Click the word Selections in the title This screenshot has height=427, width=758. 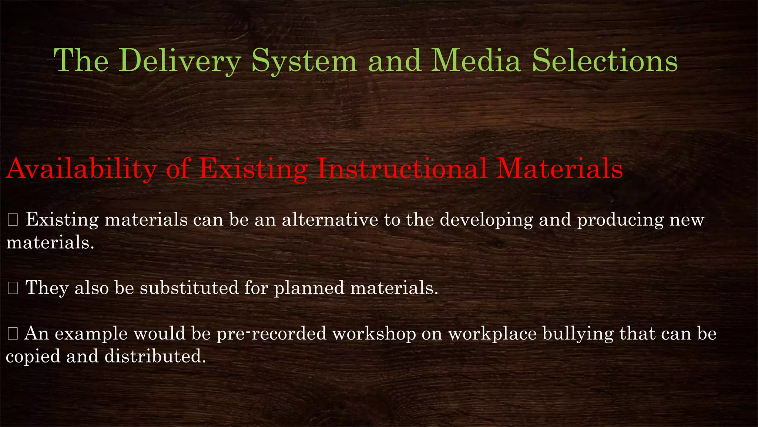pyautogui.click(x=605, y=60)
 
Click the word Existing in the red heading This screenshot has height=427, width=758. pyautogui.click(x=254, y=169)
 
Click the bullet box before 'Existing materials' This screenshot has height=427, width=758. pyautogui.click(x=13, y=220)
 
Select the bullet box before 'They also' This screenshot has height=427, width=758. pyautogui.click(x=13, y=288)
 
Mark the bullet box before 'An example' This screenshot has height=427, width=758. pyautogui.click(x=13, y=334)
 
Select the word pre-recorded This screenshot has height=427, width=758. pyautogui.click(x=271, y=334)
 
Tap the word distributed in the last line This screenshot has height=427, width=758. pyautogui.click(x=155, y=356)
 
